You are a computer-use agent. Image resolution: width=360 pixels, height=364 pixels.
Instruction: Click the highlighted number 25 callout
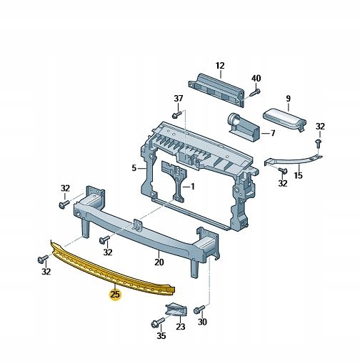coord(115,295)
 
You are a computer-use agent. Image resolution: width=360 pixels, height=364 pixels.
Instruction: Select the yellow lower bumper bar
coord(113,270)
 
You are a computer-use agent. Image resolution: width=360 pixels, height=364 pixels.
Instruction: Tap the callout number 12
coord(220,66)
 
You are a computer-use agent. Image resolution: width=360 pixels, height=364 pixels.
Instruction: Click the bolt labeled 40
coord(255,93)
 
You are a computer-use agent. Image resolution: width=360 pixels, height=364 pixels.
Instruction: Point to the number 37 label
coord(178,99)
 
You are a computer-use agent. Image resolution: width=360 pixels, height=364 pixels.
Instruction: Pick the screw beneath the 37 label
coord(177,114)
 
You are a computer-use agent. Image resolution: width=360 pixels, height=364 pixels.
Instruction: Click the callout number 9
coord(289,99)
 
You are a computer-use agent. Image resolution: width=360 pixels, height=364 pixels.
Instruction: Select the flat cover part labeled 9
coord(284,119)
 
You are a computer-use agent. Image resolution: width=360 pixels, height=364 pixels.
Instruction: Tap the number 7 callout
coord(273,133)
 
